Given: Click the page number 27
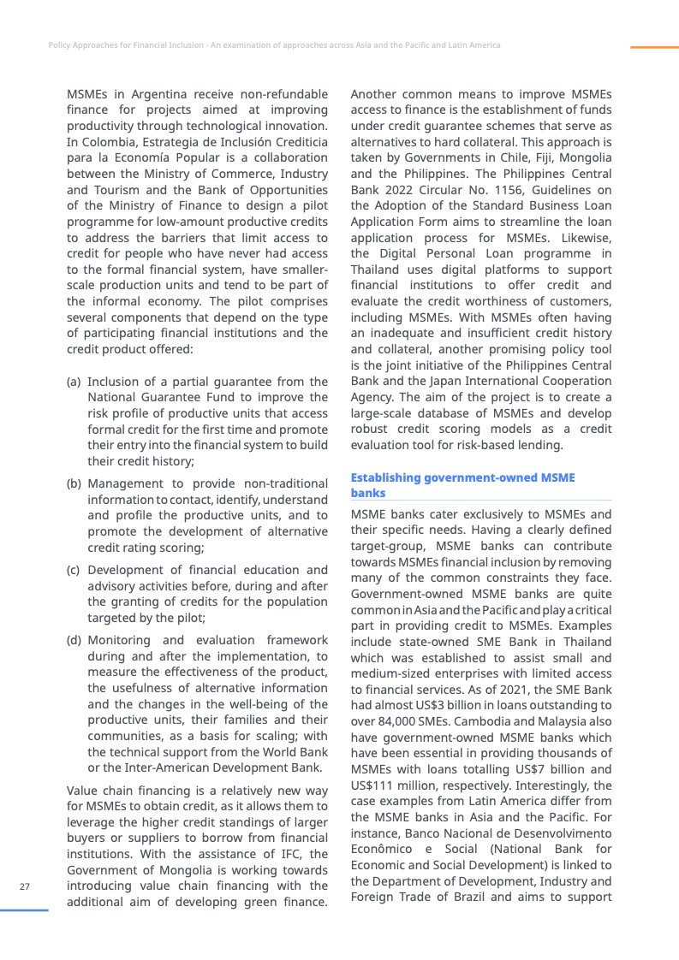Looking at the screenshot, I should coord(25,886).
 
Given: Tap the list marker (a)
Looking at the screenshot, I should coord(74,382).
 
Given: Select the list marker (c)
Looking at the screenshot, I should coord(74,570).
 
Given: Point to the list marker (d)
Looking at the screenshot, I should coord(74,640).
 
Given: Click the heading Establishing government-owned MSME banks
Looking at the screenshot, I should coord(462,485).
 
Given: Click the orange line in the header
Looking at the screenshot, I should coord(653,47).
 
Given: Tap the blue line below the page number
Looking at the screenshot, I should coord(25,910).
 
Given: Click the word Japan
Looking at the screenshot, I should coord(450,382).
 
